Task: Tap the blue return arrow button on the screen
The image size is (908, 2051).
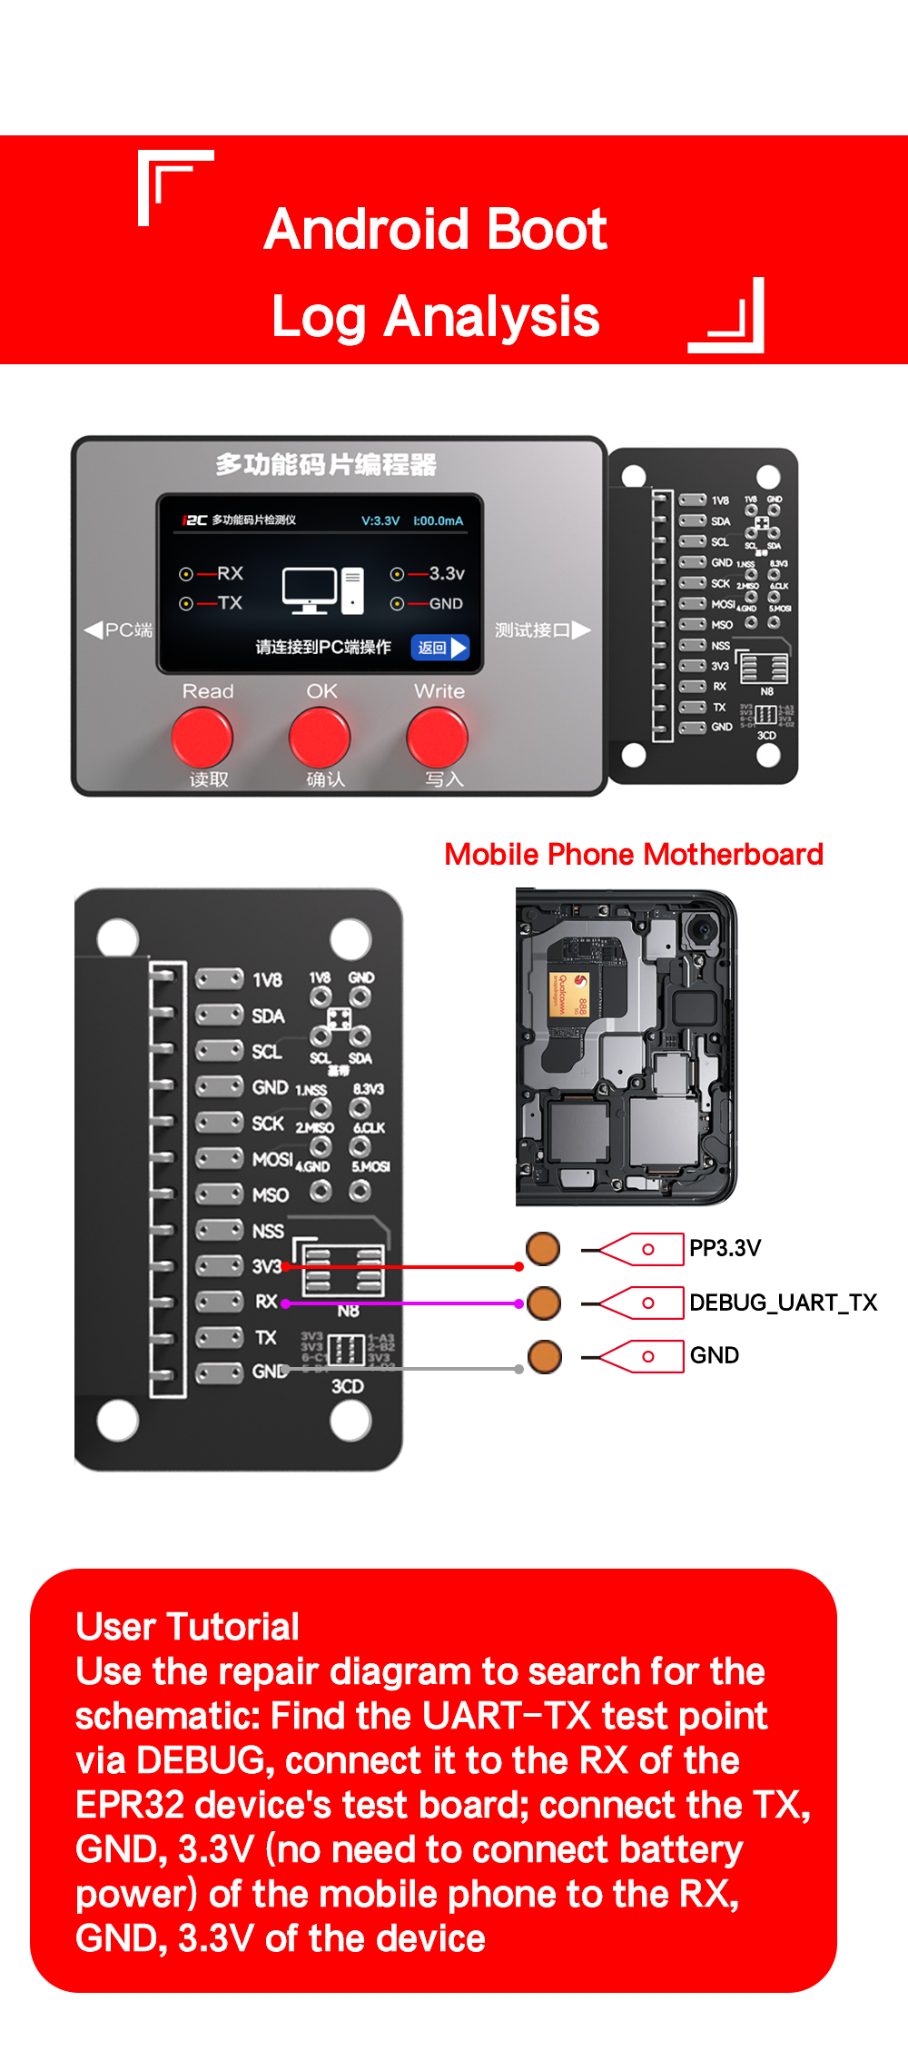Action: pyautogui.click(x=440, y=647)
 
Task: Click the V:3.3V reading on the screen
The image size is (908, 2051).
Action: pyautogui.click(x=380, y=520)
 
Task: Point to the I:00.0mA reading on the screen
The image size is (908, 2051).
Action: pyautogui.click(x=439, y=520)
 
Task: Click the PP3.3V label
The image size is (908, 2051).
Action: pyautogui.click(x=725, y=1248)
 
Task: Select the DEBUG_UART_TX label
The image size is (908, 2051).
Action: pyautogui.click(x=783, y=1303)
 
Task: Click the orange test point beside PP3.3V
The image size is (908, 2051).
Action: pyautogui.click(x=543, y=1248)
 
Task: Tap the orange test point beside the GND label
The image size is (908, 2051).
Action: pyautogui.click(x=544, y=1356)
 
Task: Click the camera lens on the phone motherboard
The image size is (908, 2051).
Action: pyautogui.click(x=701, y=930)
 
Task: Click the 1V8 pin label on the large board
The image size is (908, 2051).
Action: pyautogui.click(x=267, y=980)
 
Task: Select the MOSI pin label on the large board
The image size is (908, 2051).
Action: pyautogui.click(x=271, y=1159)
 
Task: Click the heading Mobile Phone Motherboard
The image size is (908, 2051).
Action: pyautogui.click(x=633, y=855)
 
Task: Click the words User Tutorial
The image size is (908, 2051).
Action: pyautogui.click(x=187, y=1627)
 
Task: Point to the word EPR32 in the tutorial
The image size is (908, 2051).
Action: pyautogui.click(x=130, y=1805)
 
